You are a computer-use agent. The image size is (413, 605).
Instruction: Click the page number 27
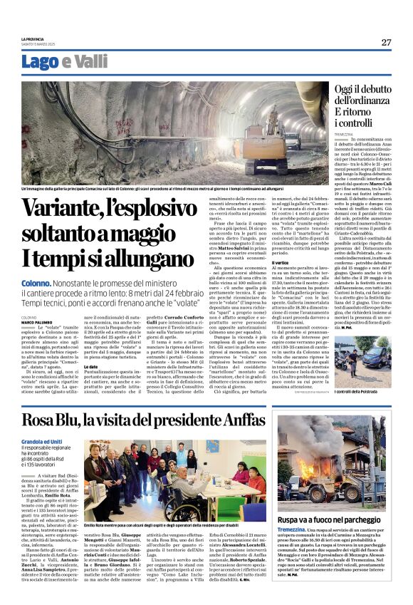[x=386, y=42]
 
